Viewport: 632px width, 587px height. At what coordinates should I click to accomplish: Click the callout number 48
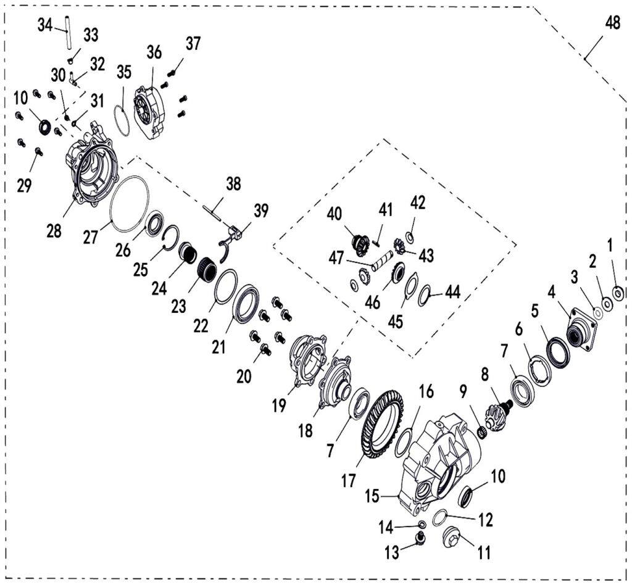612,24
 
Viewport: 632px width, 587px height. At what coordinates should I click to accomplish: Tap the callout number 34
45,26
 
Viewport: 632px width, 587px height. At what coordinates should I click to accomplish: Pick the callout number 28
54,231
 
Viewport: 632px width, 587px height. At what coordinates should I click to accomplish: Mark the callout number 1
611,246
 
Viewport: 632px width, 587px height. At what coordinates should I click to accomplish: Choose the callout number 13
393,553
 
